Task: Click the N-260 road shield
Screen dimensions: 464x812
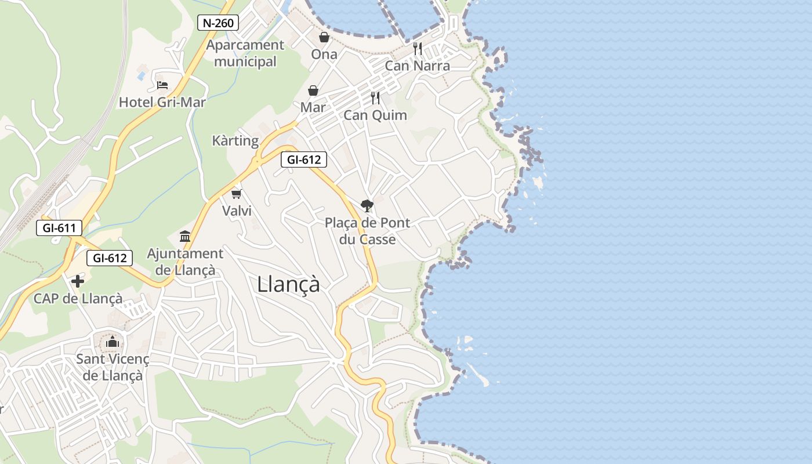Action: click(218, 23)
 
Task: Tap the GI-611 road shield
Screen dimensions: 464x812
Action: click(59, 228)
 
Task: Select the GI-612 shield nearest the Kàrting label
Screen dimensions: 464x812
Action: click(304, 159)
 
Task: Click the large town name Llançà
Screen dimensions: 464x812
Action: click(288, 284)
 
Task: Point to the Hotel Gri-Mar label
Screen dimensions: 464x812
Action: click(162, 103)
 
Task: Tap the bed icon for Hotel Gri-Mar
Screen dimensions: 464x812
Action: click(162, 85)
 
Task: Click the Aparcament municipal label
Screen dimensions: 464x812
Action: click(245, 53)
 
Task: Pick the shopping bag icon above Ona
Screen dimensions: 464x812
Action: click(324, 38)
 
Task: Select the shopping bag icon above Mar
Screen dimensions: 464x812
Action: click(313, 90)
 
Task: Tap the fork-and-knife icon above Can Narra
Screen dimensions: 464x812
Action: click(418, 49)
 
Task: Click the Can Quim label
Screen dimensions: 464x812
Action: click(375, 115)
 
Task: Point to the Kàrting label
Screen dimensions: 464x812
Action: click(235, 140)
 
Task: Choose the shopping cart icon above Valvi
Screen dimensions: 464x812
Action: click(236, 194)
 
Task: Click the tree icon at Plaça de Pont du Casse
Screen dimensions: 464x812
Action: click(367, 205)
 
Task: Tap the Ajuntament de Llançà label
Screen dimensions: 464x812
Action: click(185, 262)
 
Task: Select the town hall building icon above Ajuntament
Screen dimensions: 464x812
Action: click(185, 236)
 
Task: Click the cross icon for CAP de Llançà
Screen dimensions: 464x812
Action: click(78, 282)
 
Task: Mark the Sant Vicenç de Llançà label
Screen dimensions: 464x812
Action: click(113, 367)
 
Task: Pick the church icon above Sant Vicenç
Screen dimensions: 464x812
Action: click(113, 342)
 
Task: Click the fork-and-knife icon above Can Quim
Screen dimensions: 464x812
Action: click(375, 98)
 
